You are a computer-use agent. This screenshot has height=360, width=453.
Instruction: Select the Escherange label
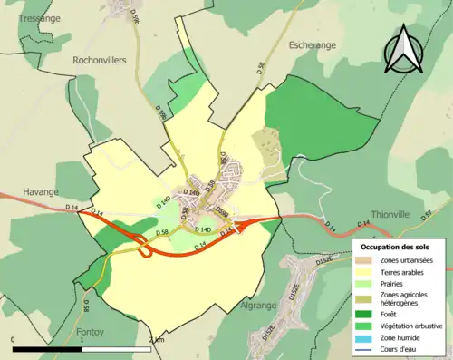313,44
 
